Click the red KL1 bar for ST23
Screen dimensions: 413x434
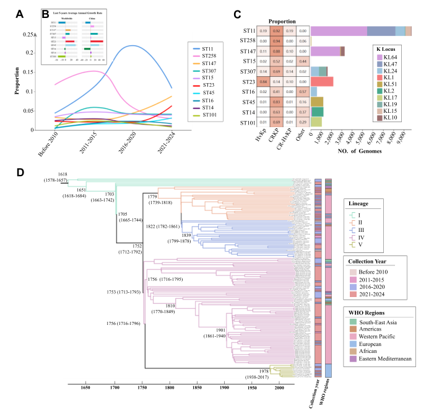pyautogui.click(x=322, y=81)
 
